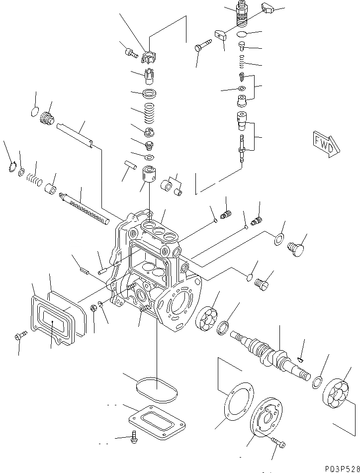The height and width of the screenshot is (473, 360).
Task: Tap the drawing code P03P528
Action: [x=336, y=468]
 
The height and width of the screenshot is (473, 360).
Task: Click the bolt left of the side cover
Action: [x=19, y=337]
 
